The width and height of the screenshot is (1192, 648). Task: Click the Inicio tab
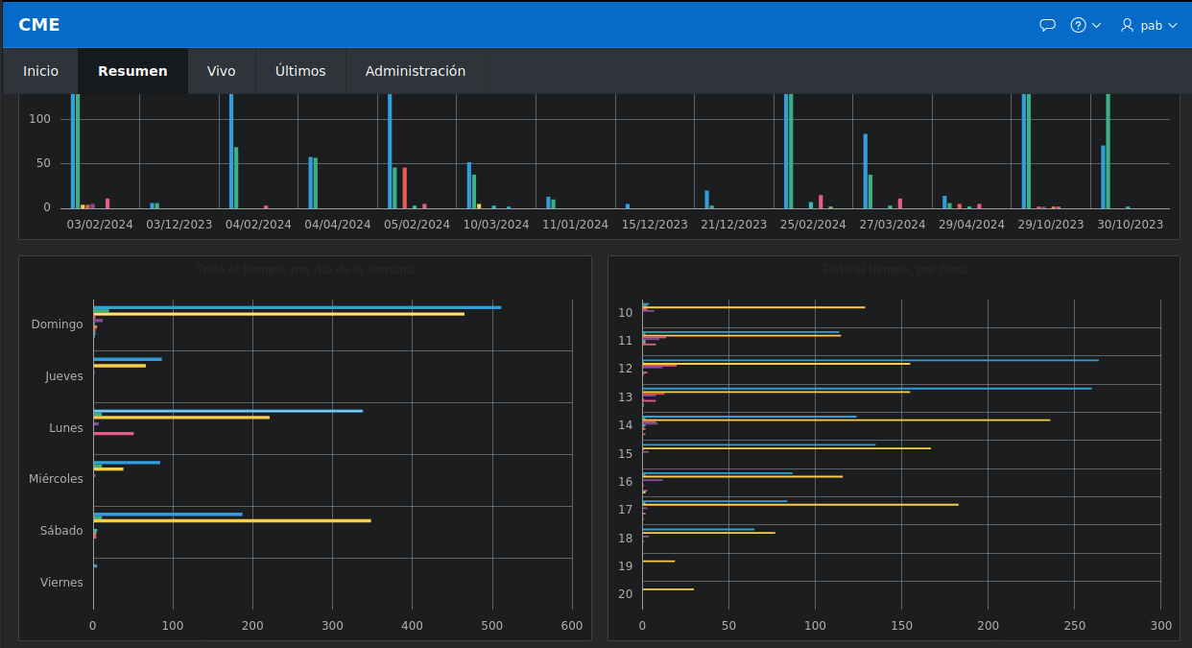(40, 71)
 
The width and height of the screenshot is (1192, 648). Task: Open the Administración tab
(415, 71)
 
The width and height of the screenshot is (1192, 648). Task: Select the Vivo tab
(221, 71)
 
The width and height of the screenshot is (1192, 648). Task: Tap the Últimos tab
(299, 71)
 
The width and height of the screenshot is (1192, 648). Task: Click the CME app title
(39, 25)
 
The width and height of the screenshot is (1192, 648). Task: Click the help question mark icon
(1078, 25)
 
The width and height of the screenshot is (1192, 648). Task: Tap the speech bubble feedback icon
(1047, 25)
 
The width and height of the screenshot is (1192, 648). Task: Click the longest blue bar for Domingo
(297, 307)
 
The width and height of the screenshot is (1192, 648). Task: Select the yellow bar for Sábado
(231, 520)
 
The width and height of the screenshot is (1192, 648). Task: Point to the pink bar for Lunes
(113, 434)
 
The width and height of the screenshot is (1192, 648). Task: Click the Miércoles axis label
(56, 479)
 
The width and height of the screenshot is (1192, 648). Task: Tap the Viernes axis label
(61, 583)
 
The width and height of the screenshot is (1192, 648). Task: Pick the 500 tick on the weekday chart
(491, 626)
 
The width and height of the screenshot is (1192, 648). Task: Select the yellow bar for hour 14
(846, 420)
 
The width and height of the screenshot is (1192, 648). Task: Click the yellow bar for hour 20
(667, 589)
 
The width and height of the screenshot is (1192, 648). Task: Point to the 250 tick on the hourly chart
(1074, 626)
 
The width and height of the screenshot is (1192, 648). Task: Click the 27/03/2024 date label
(891, 225)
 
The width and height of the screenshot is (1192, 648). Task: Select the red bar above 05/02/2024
(405, 187)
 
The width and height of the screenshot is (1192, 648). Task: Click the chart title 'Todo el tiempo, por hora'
(894, 270)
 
